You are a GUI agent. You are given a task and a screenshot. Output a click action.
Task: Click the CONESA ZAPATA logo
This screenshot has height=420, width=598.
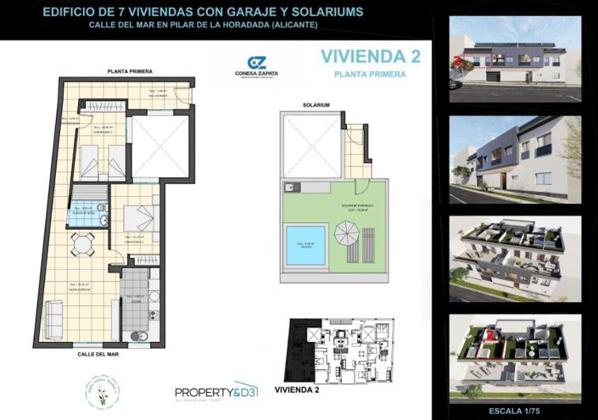(x=256, y=67)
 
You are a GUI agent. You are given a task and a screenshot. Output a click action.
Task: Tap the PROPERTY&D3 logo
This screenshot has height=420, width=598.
(x=215, y=391)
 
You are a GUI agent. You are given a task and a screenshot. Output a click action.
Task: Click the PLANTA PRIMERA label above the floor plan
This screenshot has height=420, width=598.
(x=129, y=71)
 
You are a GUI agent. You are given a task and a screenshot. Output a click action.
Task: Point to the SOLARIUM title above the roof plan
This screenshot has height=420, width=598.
(x=316, y=104)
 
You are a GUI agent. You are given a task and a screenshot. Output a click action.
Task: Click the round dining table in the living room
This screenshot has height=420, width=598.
(x=81, y=244)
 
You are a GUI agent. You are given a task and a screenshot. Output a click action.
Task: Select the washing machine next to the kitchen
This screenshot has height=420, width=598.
(x=141, y=336)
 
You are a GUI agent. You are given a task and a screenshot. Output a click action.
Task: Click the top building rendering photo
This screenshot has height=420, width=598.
(x=515, y=59)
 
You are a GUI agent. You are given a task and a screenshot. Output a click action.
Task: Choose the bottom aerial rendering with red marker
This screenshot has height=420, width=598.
(x=515, y=351)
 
